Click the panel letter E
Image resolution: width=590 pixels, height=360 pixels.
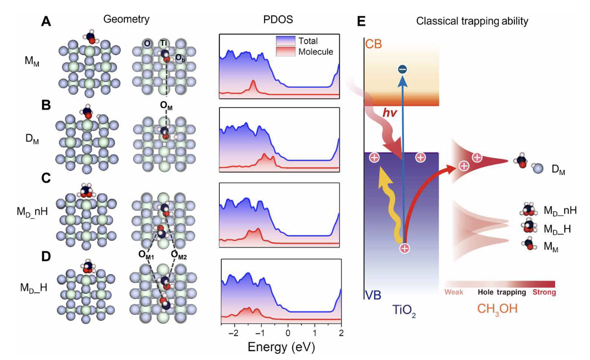[361, 22]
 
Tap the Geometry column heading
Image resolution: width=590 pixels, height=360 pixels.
[127, 19]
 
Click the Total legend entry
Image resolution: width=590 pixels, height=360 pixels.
[308, 41]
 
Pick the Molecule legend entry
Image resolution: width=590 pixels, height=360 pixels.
[316, 52]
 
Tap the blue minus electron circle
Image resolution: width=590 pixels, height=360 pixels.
[402, 70]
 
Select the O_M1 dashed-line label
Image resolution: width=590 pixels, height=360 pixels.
[145, 254]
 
